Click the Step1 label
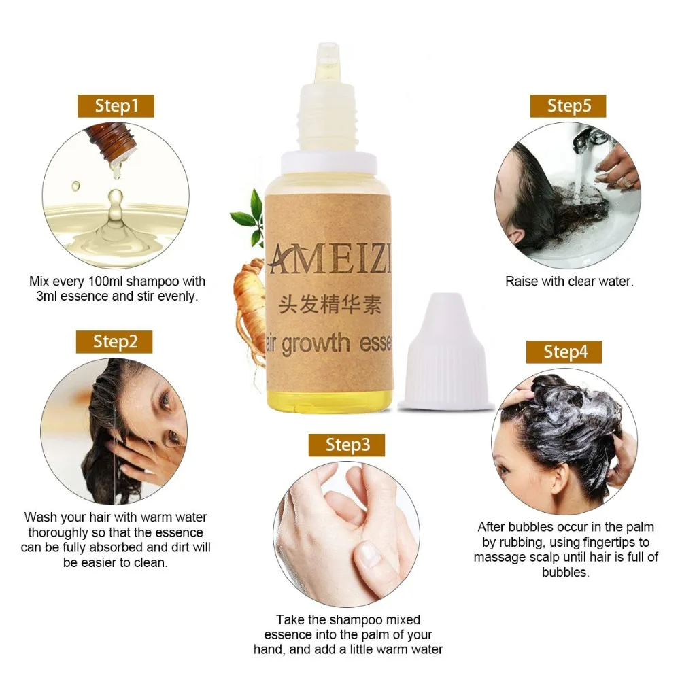[x=116, y=106]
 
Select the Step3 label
[x=347, y=445]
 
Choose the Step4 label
[x=565, y=352]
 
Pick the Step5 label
[x=568, y=106]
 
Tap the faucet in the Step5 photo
[x=584, y=139]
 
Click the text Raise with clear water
[x=568, y=281]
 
